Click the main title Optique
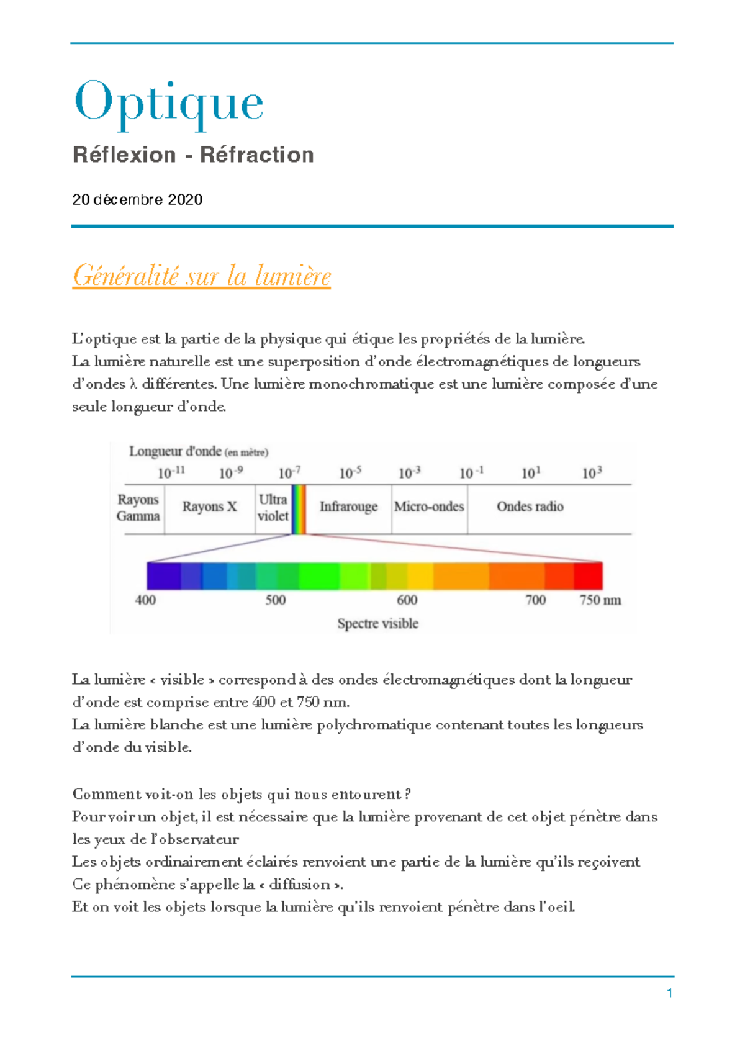tap(169, 102)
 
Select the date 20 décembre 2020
tap(137, 199)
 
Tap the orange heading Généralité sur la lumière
tap(201, 276)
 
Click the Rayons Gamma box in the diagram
tap(138, 508)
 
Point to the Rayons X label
tap(209, 507)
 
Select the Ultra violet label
tap(273, 508)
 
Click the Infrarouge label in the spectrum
tap(348, 507)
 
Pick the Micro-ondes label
tap(429, 507)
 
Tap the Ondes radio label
tap(530, 507)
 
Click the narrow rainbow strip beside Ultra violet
tap(299, 509)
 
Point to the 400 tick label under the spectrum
tap(145, 600)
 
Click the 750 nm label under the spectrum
tap(600, 600)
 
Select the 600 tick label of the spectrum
tap(407, 600)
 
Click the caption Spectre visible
tap(377, 623)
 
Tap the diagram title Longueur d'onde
tap(174, 451)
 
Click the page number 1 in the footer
tap(670, 993)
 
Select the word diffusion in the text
tap(299, 884)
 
